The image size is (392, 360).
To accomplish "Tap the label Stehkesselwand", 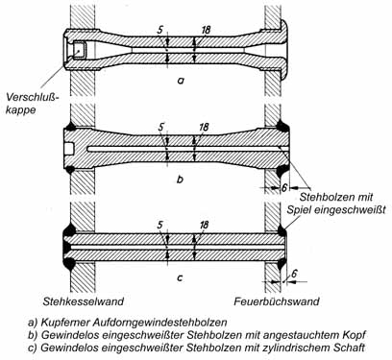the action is (x=84, y=301).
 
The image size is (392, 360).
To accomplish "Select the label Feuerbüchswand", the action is (x=277, y=301).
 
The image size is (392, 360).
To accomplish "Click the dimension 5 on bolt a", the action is (x=160, y=30).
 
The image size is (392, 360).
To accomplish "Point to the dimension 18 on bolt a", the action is (x=206, y=30).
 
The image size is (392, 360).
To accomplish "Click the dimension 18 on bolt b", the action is (x=204, y=127).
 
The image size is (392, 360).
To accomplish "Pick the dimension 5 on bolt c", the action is (x=160, y=225).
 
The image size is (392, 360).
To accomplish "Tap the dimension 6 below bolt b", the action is (x=283, y=188).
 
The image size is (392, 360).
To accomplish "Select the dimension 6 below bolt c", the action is (x=295, y=274).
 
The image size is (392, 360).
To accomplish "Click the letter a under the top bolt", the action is (x=181, y=82).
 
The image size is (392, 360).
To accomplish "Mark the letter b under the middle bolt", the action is (x=180, y=179).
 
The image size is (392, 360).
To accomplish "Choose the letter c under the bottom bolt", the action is (x=180, y=277).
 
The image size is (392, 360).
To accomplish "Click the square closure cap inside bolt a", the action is (x=79, y=50).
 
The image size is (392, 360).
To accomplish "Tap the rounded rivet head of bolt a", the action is (x=285, y=50).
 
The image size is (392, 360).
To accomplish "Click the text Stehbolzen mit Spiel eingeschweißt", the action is (x=336, y=204).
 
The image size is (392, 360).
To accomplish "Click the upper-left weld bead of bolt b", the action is (x=71, y=127).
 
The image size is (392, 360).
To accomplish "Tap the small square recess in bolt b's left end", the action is (x=69, y=149).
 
